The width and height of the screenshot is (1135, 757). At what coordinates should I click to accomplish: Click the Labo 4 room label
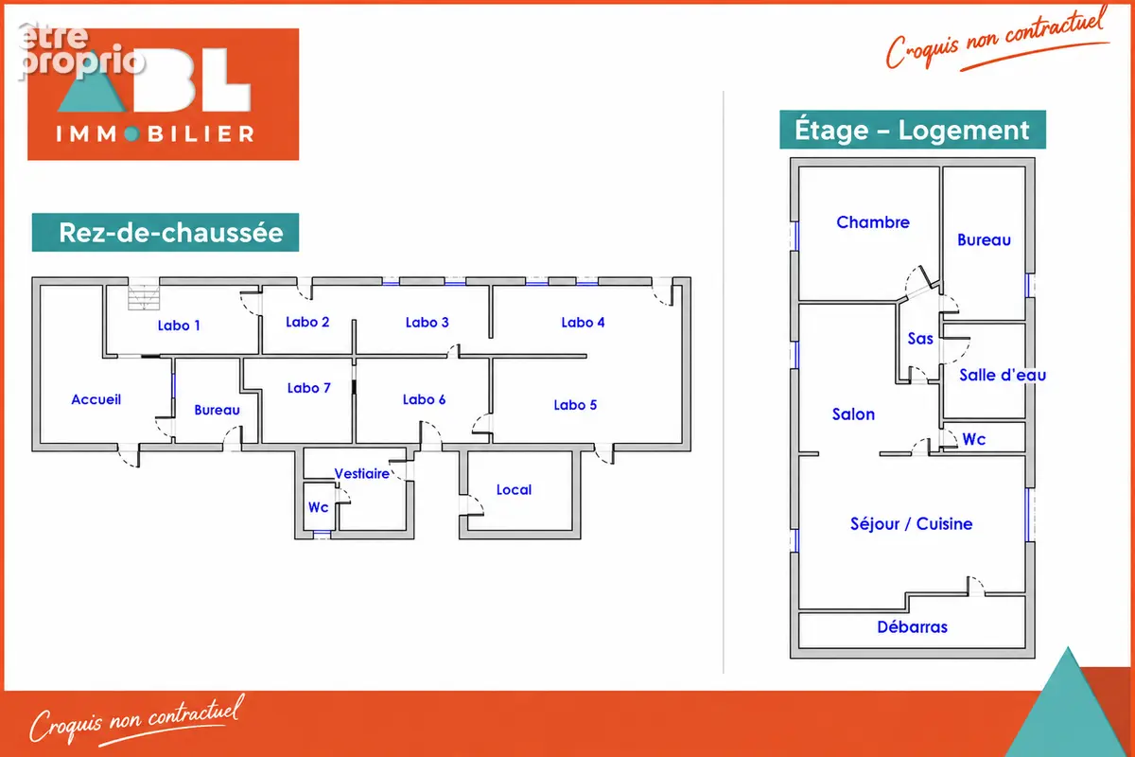[583, 323]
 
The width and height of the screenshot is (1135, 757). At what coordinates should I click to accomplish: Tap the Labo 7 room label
[308, 388]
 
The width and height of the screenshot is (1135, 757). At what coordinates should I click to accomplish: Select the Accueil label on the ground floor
[96, 399]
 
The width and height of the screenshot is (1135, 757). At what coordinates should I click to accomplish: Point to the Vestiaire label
[361, 473]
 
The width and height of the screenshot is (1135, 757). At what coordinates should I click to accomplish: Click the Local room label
[514, 490]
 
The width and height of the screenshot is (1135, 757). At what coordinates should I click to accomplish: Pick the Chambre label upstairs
[872, 222]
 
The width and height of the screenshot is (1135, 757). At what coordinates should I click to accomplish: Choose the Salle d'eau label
[1003, 376]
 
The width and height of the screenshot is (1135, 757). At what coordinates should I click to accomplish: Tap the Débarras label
[912, 627]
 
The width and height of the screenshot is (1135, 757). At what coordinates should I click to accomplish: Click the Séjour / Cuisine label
[911, 524]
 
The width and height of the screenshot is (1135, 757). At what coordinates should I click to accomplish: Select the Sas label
[920, 338]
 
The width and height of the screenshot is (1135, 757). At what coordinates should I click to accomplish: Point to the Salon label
[853, 414]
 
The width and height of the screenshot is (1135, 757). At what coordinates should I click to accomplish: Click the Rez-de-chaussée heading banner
[166, 232]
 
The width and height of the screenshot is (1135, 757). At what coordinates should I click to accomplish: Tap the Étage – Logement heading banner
[913, 130]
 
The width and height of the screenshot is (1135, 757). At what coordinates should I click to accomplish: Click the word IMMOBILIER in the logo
[154, 133]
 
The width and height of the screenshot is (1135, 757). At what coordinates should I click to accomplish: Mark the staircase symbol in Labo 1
[144, 297]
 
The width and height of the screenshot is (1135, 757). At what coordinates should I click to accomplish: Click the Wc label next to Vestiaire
[318, 507]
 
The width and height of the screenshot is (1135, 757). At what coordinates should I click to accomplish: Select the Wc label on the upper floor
[974, 439]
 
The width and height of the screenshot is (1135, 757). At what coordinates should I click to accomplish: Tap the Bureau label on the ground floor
[217, 410]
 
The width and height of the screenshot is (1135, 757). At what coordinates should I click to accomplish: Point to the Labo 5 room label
[575, 405]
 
